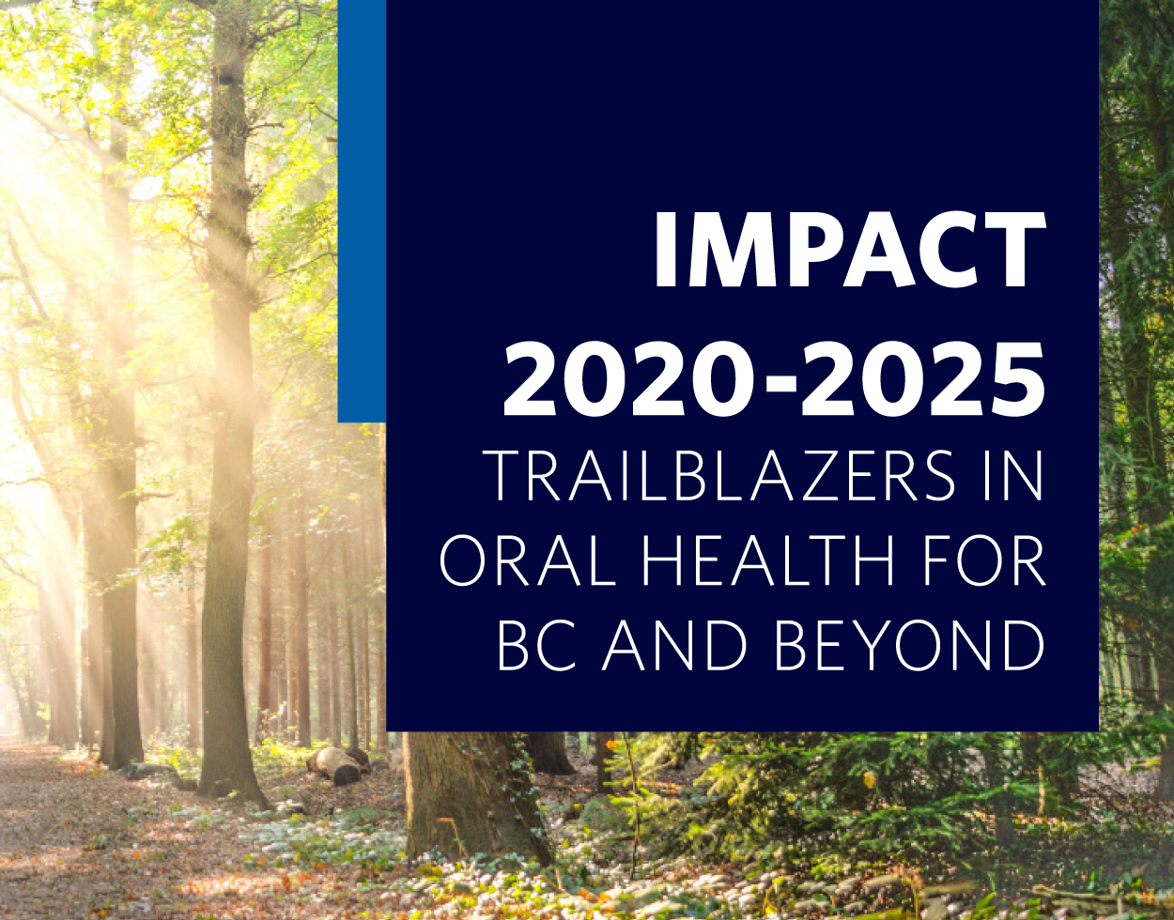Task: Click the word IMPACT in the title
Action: click(x=850, y=249)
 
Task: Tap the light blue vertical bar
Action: click(x=362, y=211)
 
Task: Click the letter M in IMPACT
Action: click(x=723, y=249)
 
